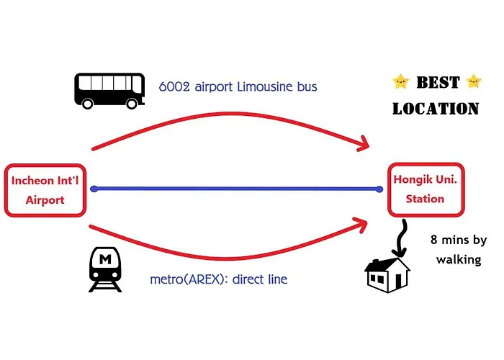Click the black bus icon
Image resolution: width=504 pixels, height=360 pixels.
pos(109,91)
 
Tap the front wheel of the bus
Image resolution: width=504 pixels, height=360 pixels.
pos(132,104)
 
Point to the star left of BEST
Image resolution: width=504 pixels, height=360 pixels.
pos(400,81)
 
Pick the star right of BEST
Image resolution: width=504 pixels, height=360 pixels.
pos(474,81)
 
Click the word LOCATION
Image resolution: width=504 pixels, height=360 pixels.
pos(436,109)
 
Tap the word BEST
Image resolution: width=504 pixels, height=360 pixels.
pos(438,82)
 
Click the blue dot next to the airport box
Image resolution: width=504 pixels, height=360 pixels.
pos(94,189)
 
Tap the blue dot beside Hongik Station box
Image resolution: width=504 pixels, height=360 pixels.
pos(379,189)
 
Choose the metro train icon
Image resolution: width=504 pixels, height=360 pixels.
pos(105,269)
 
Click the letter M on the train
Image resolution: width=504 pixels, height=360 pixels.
pos(105,259)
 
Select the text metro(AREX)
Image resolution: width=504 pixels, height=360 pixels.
pos(186,279)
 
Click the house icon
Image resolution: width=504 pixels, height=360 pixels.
pos(387,276)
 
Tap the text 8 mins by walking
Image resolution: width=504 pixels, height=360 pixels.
pos(459,250)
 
